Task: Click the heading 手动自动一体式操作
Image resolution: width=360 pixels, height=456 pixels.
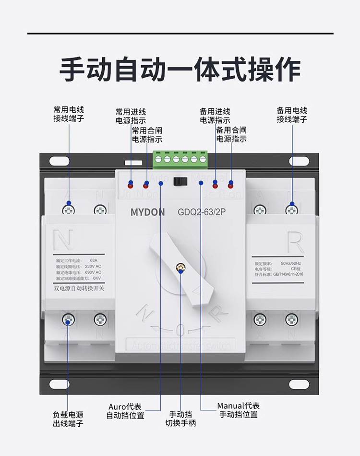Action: click(x=180, y=70)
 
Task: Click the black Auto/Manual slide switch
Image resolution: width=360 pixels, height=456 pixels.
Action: click(x=180, y=181)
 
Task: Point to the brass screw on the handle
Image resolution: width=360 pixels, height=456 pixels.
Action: click(x=181, y=267)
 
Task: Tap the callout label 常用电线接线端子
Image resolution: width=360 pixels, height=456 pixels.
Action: click(x=69, y=114)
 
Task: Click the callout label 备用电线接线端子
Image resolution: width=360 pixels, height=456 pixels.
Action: click(x=292, y=114)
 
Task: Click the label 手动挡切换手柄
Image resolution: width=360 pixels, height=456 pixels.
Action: click(x=181, y=419)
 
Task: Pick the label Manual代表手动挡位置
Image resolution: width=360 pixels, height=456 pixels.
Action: click(x=239, y=410)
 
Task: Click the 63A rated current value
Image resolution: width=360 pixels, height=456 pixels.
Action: click(x=94, y=261)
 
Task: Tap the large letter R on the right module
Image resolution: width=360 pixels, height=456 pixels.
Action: click(x=295, y=244)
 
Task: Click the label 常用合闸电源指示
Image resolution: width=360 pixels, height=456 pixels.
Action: click(x=147, y=135)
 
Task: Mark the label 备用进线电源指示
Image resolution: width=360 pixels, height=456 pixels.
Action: click(x=215, y=116)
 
